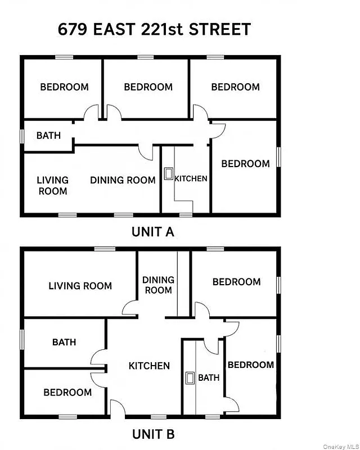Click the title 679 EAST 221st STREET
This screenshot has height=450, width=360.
pos(154,29)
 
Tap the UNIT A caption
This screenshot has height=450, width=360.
pos(154,231)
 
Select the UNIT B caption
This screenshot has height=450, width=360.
pos(154,434)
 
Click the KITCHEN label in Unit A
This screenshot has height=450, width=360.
pos(191,179)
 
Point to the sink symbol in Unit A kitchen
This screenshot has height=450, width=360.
pos(168,174)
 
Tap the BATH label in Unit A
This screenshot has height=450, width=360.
pos(48,136)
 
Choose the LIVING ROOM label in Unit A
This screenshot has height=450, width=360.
pos(52,186)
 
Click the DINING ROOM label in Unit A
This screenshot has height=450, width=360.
pos(123,180)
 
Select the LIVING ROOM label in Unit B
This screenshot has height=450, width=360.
pos(80,286)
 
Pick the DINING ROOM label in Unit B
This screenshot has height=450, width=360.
pos(158,285)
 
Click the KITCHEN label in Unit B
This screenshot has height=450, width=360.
pos(149,366)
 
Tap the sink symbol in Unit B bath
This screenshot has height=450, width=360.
pos(190,378)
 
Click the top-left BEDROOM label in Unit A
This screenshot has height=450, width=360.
pos(64,87)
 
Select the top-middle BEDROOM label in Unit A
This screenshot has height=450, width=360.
pos(148,87)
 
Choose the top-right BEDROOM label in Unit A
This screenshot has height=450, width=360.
pos(235,87)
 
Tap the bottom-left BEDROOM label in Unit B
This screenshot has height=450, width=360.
pos(67,392)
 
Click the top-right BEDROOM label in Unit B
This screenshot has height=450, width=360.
pos(236,282)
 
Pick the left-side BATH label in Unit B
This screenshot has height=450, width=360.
pos(64,342)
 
